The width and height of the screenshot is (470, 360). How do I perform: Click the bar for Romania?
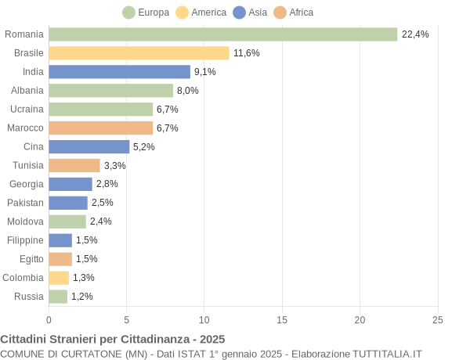click(x=223, y=34)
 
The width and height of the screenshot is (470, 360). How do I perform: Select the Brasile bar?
click(x=139, y=53)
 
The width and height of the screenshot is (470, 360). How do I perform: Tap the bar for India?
click(x=119, y=72)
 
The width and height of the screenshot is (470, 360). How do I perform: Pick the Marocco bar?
click(x=100, y=128)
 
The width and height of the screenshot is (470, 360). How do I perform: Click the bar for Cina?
click(x=89, y=146)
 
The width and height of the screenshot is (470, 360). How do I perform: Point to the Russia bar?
click(x=58, y=297)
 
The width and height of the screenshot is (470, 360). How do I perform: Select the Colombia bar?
click(x=59, y=278)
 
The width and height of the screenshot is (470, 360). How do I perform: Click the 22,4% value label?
click(x=415, y=34)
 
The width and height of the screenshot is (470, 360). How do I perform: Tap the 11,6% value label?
click(x=246, y=53)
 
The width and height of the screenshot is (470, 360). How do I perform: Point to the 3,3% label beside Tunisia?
click(x=114, y=165)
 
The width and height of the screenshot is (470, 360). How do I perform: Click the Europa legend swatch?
click(x=129, y=13)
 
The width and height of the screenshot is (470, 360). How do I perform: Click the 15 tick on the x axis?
click(x=282, y=319)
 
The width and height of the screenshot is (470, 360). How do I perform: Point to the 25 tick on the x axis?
click(x=437, y=319)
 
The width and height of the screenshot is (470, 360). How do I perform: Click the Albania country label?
click(x=27, y=91)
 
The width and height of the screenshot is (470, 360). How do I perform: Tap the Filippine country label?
click(x=25, y=240)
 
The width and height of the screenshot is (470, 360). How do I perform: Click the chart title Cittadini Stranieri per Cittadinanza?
click(x=112, y=339)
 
